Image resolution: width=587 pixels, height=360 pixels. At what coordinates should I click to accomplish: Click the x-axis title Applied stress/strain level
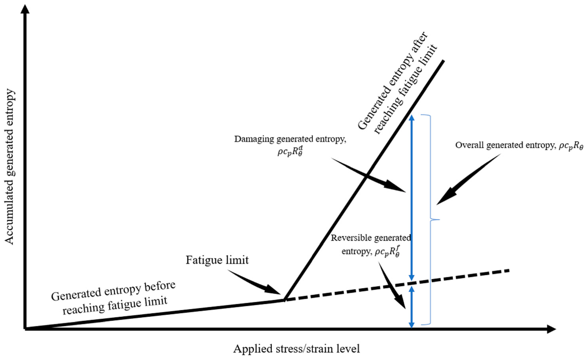point(296,348)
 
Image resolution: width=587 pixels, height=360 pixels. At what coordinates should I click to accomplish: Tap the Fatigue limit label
point(217,260)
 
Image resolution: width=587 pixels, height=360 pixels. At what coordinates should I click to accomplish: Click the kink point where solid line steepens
point(284,300)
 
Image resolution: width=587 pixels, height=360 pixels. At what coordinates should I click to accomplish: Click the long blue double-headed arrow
point(412,198)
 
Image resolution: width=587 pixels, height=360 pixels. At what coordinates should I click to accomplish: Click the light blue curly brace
point(431,220)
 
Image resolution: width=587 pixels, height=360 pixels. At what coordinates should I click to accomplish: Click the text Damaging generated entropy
point(290,139)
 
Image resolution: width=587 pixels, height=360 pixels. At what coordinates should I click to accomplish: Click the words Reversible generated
point(371,238)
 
